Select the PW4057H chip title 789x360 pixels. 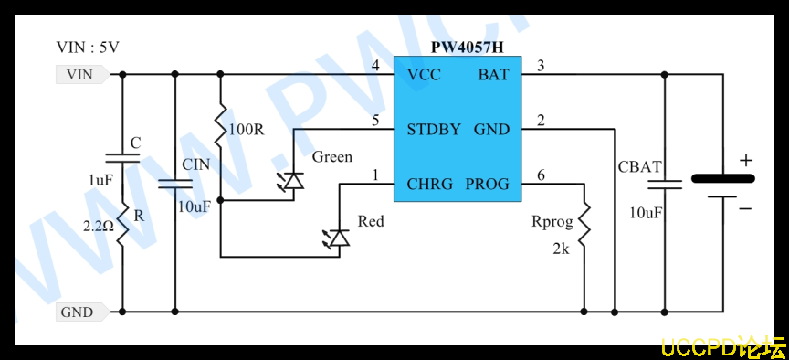tap(467, 48)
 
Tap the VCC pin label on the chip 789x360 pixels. tap(424, 75)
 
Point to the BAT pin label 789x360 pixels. tap(493, 75)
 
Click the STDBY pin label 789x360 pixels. tap(434, 130)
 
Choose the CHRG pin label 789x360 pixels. tap(430, 185)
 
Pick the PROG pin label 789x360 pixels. tap(487, 185)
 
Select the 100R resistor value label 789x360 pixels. tap(246, 130)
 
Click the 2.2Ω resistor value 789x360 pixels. tap(100, 227)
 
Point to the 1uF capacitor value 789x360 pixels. tap(101, 180)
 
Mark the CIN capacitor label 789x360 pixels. tap(195, 164)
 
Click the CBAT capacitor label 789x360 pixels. tap(639, 166)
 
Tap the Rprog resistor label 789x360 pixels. tap(552, 221)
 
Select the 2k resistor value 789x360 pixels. tap(561, 249)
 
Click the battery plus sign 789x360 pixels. tap(746, 161)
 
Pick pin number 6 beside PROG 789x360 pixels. tap(541, 175)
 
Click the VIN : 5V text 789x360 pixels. tap(88, 48)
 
